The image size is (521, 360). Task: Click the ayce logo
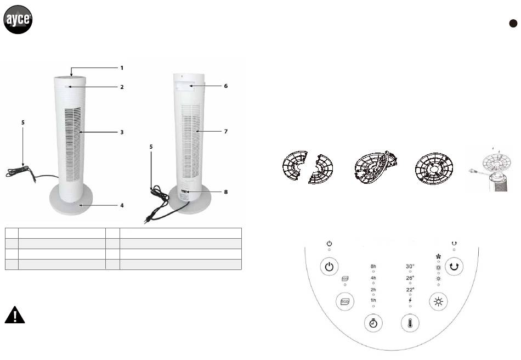(x=18, y=19)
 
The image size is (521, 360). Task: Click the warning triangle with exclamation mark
(x=15, y=314)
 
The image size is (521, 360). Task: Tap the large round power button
(x=329, y=267)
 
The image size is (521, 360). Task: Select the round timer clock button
(x=373, y=323)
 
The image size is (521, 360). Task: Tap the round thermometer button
(x=410, y=323)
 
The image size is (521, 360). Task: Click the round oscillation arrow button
(x=454, y=266)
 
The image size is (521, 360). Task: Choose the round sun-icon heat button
(x=438, y=301)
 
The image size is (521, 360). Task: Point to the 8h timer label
(x=373, y=266)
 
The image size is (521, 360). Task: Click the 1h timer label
(x=373, y=300)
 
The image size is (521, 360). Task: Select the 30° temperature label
(x=410, y=266)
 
